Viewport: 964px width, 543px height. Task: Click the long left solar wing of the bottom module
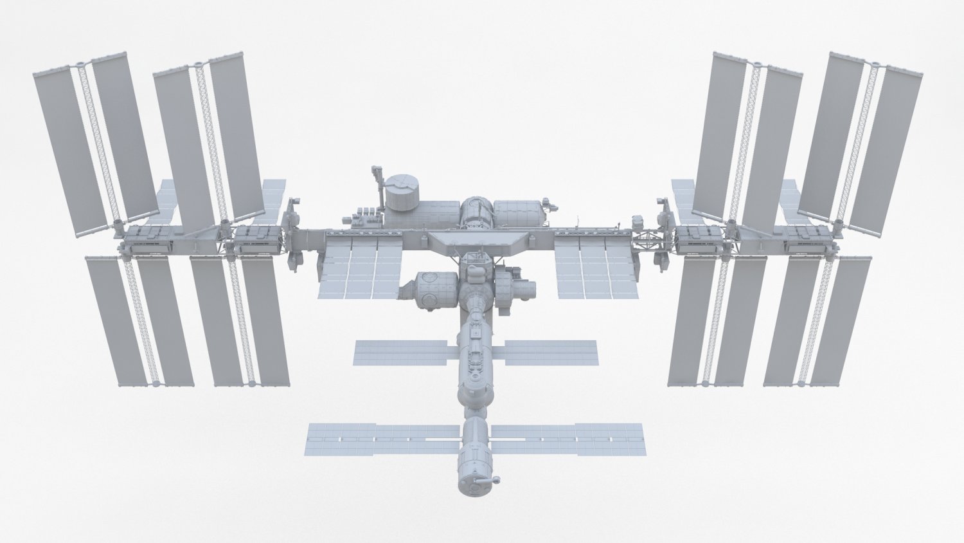[383, 438]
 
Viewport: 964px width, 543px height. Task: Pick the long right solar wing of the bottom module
[567, 437]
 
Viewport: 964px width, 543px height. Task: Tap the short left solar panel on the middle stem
[400, 353]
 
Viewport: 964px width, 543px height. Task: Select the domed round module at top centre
[476, 212]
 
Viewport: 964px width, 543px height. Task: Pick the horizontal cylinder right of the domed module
[517, 213]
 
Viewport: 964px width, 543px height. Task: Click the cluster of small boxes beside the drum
[364, 216]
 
